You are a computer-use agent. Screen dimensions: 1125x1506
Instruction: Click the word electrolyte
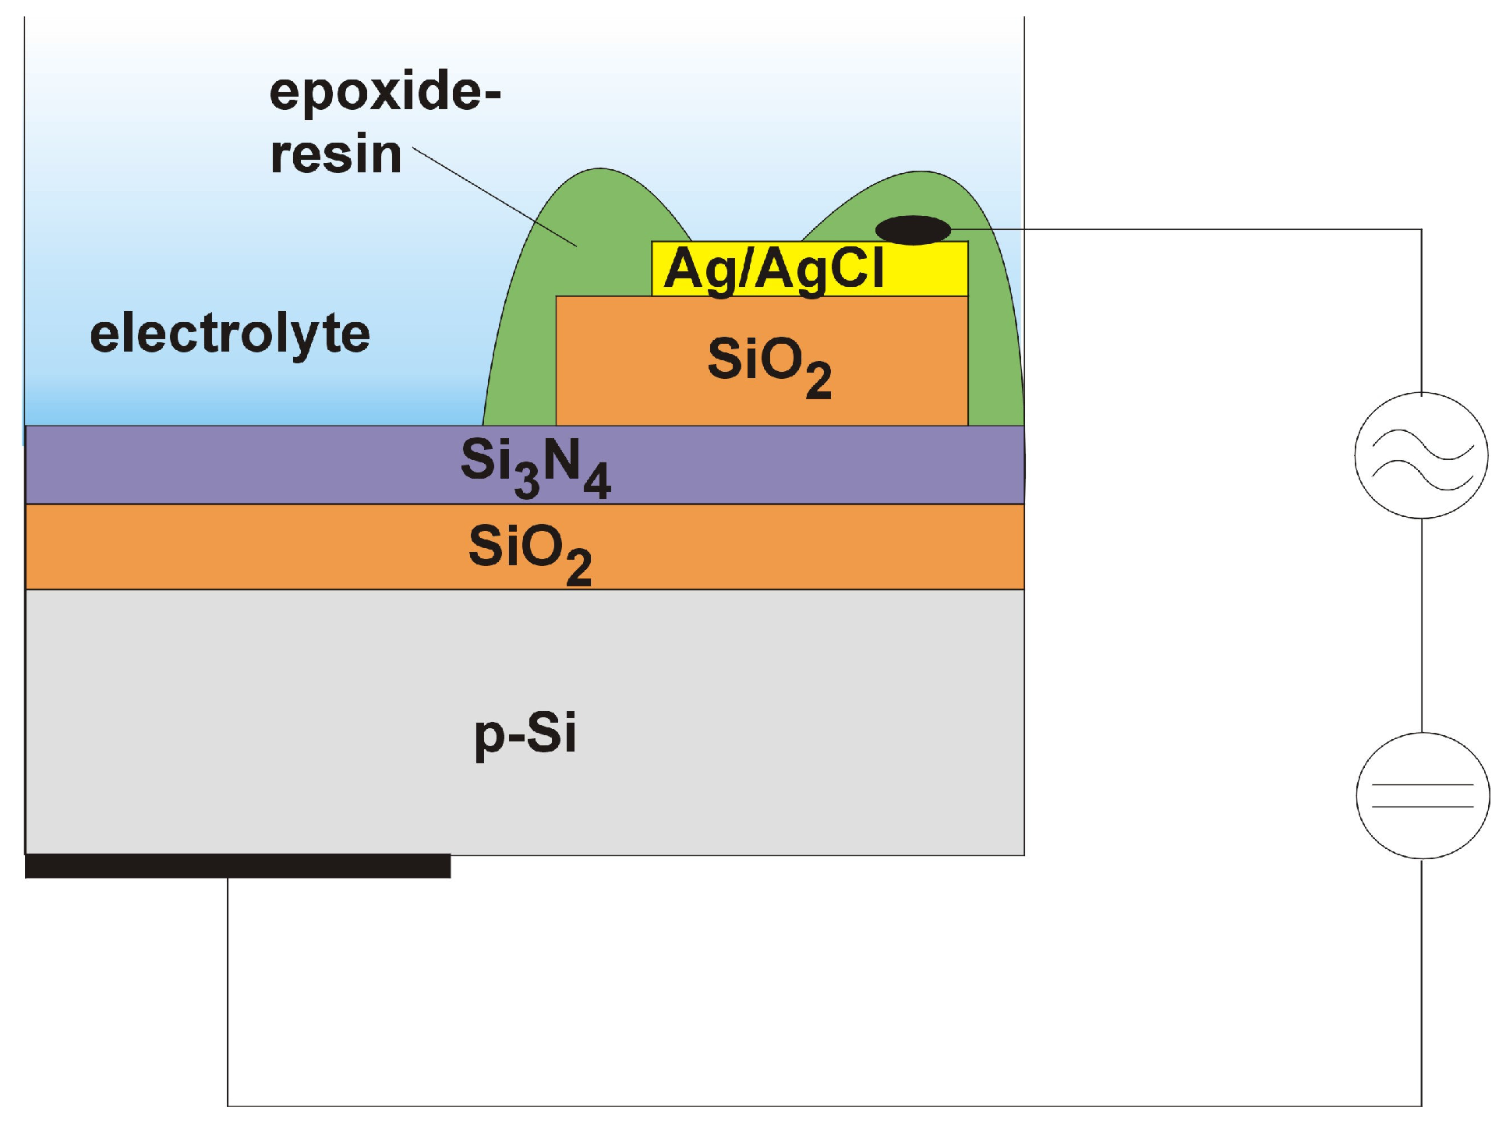coord(230,334)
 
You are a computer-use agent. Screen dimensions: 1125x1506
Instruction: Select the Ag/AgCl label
coord(774,269)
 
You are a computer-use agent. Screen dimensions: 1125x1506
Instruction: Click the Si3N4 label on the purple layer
coord(535,465)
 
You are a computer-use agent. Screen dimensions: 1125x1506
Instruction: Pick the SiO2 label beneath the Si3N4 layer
coord(529,550)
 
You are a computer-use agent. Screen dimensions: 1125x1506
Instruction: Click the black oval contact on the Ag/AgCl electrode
coord(913,230)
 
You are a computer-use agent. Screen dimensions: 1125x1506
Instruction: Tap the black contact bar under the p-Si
coord(238,866)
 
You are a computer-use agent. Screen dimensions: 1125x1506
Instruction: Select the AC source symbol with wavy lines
coord(1421,455)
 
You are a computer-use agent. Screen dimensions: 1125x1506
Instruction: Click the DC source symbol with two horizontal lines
coord(1423,795)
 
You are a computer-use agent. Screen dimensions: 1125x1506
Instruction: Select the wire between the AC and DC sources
coord(1422,624)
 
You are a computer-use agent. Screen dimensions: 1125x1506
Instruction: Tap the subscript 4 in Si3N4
coord(596,481)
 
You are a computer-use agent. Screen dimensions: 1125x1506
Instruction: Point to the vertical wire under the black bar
coord(228,990)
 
